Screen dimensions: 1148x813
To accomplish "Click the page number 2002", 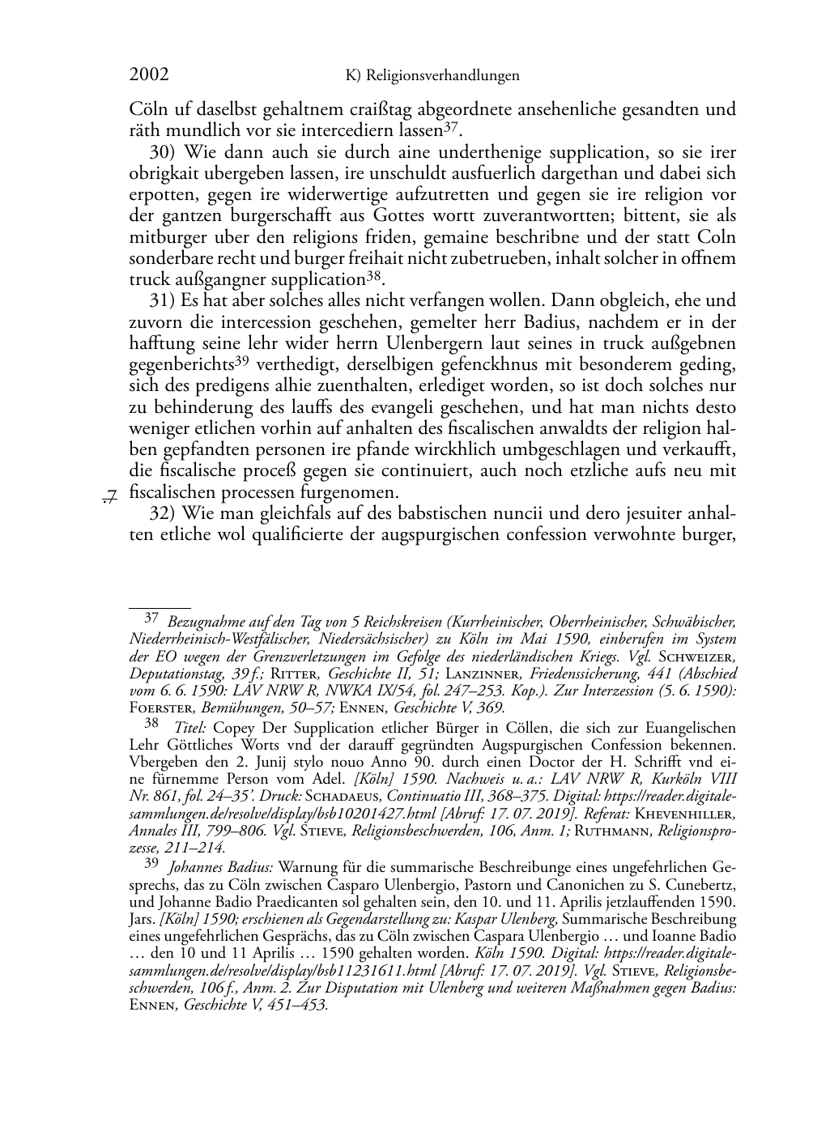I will pyautogui.click(x=149, y=75).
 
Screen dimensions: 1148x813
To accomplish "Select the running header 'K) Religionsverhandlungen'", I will pyautogui.click(x=432, y=76).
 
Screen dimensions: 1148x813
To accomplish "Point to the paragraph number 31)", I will pyautogui.click(x=165, y=301).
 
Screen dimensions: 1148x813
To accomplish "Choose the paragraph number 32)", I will pyautogui.click(x=165, y=513).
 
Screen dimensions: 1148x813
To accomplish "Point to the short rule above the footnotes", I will pyautogui.click(x=160, y=605).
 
